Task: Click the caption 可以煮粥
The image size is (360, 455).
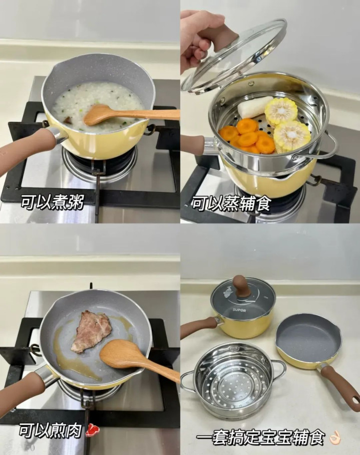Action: click(x=53, y=202)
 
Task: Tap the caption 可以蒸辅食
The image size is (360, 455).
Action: click(x=231, y=204)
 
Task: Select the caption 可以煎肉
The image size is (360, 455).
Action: click(x=51, y=430)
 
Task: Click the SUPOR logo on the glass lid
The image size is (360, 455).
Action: click(x=239, y=310)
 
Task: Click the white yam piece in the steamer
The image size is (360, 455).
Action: click(x=251, y=107)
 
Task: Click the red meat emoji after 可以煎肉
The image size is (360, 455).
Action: click(x=92, y=430)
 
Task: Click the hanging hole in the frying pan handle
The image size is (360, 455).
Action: click(x=354, y=400)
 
